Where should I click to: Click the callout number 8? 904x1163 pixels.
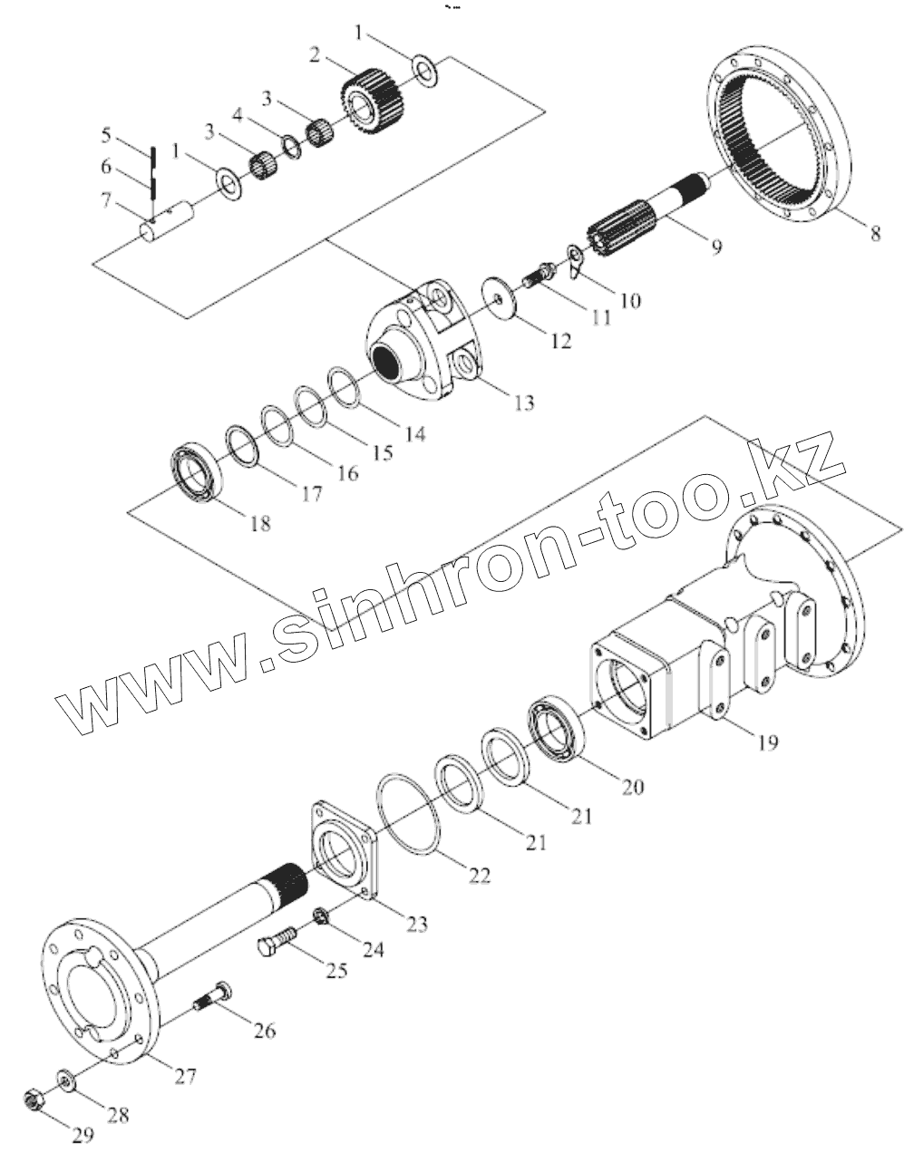875,233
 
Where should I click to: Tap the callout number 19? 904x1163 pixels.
766,743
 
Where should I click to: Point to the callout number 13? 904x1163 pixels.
523,402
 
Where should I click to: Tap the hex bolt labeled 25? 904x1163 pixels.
277,942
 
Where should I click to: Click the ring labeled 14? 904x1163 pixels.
346,387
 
